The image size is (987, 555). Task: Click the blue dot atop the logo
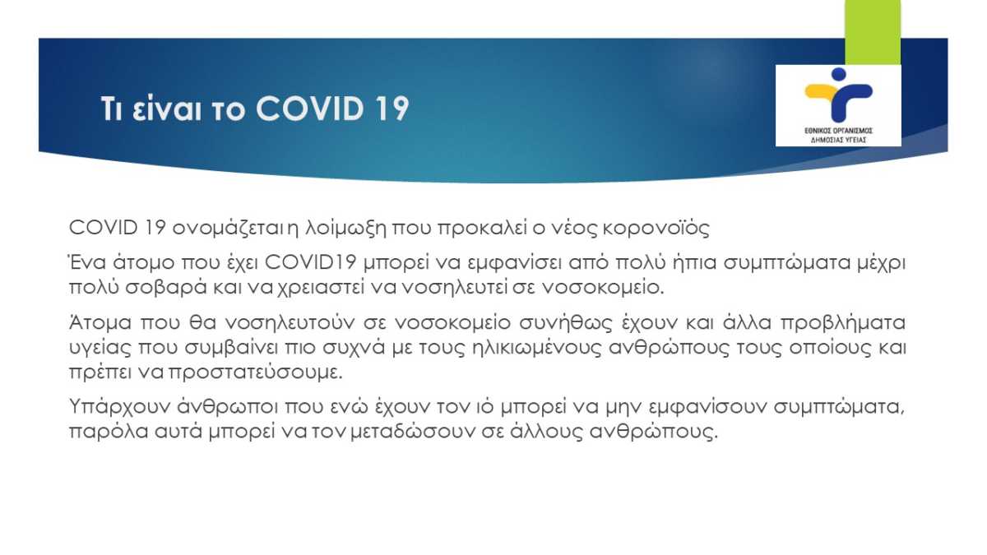tap(838, 74)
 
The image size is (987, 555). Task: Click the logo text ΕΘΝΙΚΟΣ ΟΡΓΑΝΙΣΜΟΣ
tap(838, 131)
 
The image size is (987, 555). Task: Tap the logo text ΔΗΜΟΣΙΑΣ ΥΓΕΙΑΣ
tap(838, 140)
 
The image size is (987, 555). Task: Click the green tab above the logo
tap(873, 32)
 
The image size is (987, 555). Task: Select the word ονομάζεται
tap(229, 229)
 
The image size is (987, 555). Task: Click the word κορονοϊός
tap(656, 229)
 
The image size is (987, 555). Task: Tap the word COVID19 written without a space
tap(310, 262)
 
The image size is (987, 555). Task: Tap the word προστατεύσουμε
tap(255, 373)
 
